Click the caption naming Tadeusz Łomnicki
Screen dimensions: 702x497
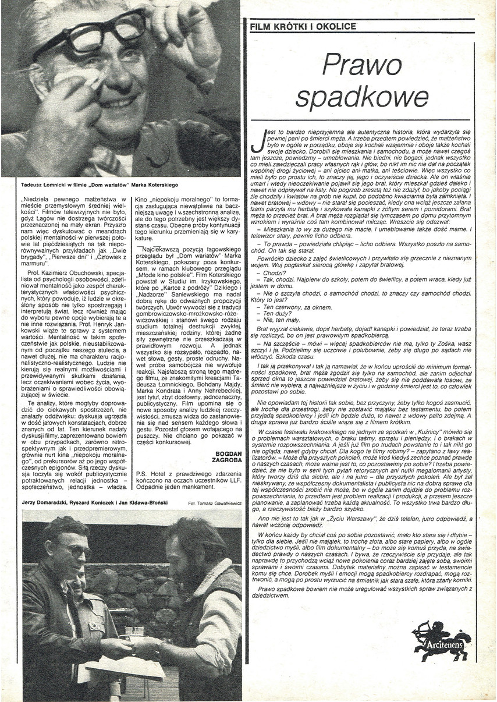click(92, 185)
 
